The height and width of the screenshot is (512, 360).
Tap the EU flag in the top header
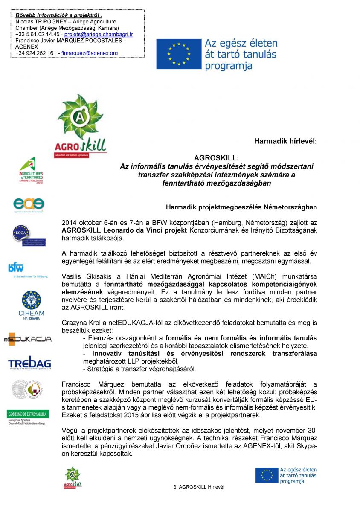click(178, 54)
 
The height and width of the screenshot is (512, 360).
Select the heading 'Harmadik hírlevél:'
click(285, 140)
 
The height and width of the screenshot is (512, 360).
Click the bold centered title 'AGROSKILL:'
click(216, 158)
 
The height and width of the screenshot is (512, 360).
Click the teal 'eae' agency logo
click(29, 205)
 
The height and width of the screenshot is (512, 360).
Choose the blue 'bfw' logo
click(16, 268)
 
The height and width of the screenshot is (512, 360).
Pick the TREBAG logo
click(29, 363)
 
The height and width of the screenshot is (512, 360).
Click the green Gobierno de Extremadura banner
click(28, 414)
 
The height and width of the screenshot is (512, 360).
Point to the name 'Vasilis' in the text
click(72, 276)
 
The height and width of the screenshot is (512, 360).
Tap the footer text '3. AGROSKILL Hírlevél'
click(199, 487)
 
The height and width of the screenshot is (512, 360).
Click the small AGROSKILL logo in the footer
click(73, 477)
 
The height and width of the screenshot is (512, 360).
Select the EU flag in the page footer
click(267, 475)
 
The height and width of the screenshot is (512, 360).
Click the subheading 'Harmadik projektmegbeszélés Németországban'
click(241, 207)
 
